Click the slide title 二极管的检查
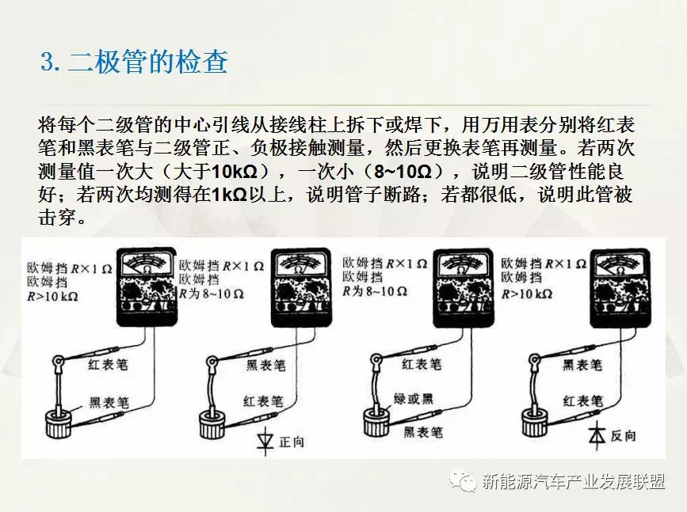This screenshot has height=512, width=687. coord(148,62)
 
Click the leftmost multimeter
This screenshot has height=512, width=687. coord(147,287)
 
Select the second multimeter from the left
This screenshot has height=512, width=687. coord(301,287)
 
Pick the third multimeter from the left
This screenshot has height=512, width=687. coord(463,287)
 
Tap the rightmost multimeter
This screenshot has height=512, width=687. coord(620,287)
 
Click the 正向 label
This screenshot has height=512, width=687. coord(292,442)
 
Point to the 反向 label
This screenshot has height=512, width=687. coord(623,435)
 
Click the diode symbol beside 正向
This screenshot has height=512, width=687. coord(265,440)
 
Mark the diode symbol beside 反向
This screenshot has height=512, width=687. coord(597,434)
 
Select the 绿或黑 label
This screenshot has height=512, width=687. coord(413,399)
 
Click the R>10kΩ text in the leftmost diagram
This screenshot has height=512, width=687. coord(52,297)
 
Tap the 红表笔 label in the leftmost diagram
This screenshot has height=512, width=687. coord(108,364)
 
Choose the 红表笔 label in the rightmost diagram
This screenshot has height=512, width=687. coord(582,401)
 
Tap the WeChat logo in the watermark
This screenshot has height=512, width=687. coord(462,481)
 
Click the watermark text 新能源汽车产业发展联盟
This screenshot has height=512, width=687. coord(574,481)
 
